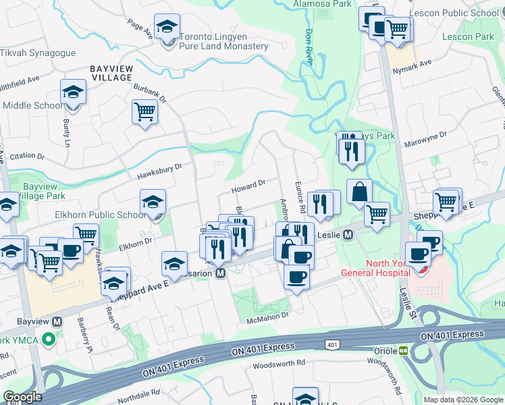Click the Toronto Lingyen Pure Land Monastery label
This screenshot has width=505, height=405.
click(223, 40)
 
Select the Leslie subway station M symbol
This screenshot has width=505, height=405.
click(348, 235)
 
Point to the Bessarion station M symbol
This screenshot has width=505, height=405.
click(220, 273)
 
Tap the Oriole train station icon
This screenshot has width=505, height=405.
click(403, 351)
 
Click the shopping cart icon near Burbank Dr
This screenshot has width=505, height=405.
click(145, 111)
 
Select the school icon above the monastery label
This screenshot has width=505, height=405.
click(165, 27)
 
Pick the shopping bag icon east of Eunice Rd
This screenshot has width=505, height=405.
click(360, 192)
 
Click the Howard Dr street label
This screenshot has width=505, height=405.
click(249, 184)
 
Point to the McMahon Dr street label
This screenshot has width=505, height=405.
click(267, 315)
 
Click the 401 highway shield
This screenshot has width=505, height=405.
click(331, 345)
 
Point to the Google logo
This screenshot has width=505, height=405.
click(22, 397)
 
